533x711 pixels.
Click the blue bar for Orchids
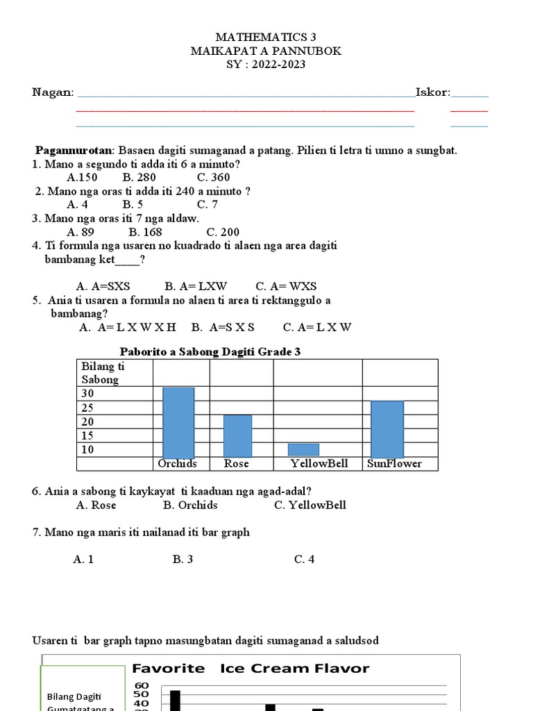178,421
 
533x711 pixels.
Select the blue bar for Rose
237,435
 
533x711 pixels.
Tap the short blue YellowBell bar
303,449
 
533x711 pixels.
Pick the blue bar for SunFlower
387,428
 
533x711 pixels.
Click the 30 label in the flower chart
88,394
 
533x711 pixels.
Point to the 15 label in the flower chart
88,435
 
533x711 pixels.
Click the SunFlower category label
394,463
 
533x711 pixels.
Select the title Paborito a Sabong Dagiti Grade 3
210,352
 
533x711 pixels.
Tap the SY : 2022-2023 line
266,65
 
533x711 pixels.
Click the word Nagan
53,92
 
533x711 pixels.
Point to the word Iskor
432,92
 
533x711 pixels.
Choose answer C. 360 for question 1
213,177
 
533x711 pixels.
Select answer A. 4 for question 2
77,204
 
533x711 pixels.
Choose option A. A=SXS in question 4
103,286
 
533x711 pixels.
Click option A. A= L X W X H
128,327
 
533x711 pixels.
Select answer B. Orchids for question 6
190,505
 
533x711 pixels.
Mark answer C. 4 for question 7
304,559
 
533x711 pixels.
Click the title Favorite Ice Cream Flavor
251,669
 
